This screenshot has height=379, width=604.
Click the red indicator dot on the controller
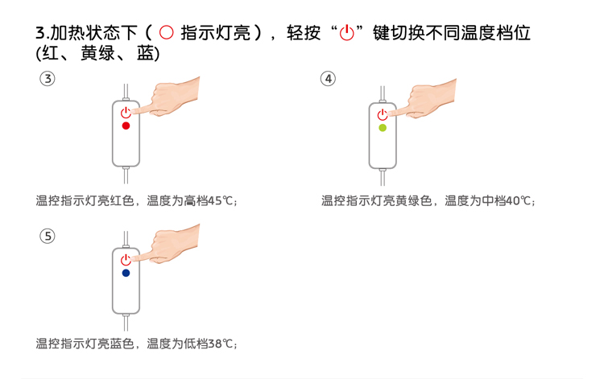click(x=126, y=126)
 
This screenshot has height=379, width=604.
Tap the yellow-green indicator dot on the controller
click(x=383, y=128)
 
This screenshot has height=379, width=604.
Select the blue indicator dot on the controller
click(x=126, y=274)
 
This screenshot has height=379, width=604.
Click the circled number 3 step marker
click(x=48, y=79)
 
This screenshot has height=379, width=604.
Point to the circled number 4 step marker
click(x=329, y=79)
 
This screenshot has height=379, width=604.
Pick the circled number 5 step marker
click(x=48, y=236)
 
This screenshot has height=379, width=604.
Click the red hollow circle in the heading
click(x=167, y=32)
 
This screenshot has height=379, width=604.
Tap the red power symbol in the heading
click(x=346, y=33)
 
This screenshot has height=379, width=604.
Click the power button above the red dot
click(x=126, y=113)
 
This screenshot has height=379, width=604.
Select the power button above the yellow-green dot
click(x=382, y=114)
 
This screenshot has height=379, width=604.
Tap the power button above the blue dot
click(x=126, y=260)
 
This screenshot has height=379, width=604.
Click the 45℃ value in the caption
click(x=221, y=201)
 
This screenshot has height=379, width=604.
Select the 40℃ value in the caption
click(x=519, y=201)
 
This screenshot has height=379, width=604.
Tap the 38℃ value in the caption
click(x=221, y=344)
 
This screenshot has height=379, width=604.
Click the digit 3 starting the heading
click(x=40, y=33)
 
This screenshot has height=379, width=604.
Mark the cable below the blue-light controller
click(x=126, y=323)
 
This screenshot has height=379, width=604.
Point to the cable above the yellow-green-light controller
click(x=383, y=94)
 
